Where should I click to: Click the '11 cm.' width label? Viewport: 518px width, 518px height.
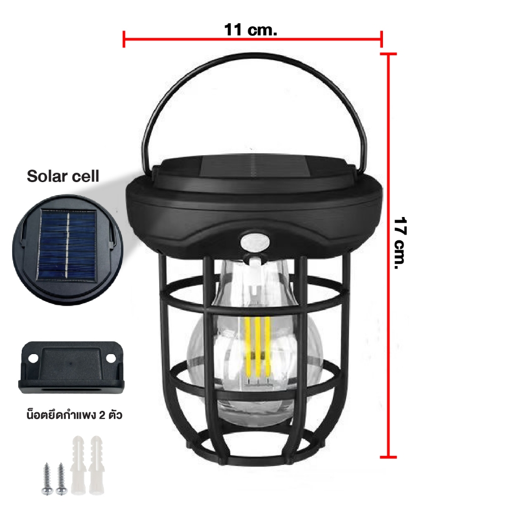point(250,30)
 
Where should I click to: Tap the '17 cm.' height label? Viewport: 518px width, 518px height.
point(400,243)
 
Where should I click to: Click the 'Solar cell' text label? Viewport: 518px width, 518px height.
point(63,176)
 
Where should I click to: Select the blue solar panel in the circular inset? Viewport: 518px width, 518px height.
point(67,245)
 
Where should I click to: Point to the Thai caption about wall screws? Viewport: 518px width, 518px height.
point(74,415)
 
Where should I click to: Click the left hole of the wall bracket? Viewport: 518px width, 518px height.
point(33,358)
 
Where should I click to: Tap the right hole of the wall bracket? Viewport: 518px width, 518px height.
point(111,358)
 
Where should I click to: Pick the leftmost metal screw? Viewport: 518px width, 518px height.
point(48,479)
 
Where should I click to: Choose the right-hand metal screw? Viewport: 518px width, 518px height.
point(61,479)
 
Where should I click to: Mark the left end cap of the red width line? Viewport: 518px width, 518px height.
point(123,39)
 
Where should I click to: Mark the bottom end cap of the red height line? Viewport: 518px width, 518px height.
point(388,457)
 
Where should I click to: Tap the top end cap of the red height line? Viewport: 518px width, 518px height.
point(388,54)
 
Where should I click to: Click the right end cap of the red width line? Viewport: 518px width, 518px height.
point(381,39)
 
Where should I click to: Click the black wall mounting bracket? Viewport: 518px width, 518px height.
point(71,367)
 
